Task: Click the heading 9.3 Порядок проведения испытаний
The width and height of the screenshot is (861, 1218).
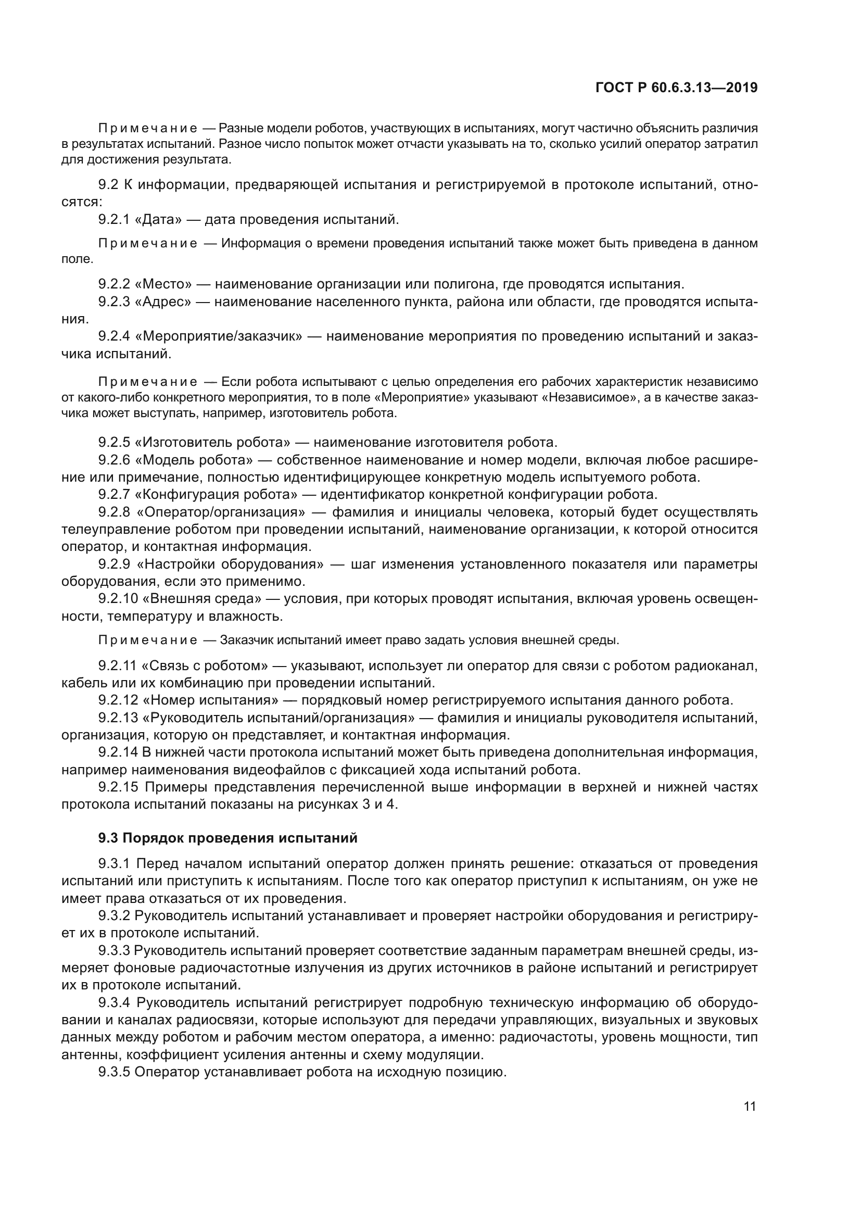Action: (228, 838)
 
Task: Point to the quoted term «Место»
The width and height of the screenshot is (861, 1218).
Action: (167, 284)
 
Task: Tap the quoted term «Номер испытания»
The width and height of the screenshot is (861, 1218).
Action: (210, 700)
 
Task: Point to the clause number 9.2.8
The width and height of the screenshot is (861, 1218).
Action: (114, 512)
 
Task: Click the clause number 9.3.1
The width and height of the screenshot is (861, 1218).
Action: (114, 863)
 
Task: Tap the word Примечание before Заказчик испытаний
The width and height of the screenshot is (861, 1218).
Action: (148, 641)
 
